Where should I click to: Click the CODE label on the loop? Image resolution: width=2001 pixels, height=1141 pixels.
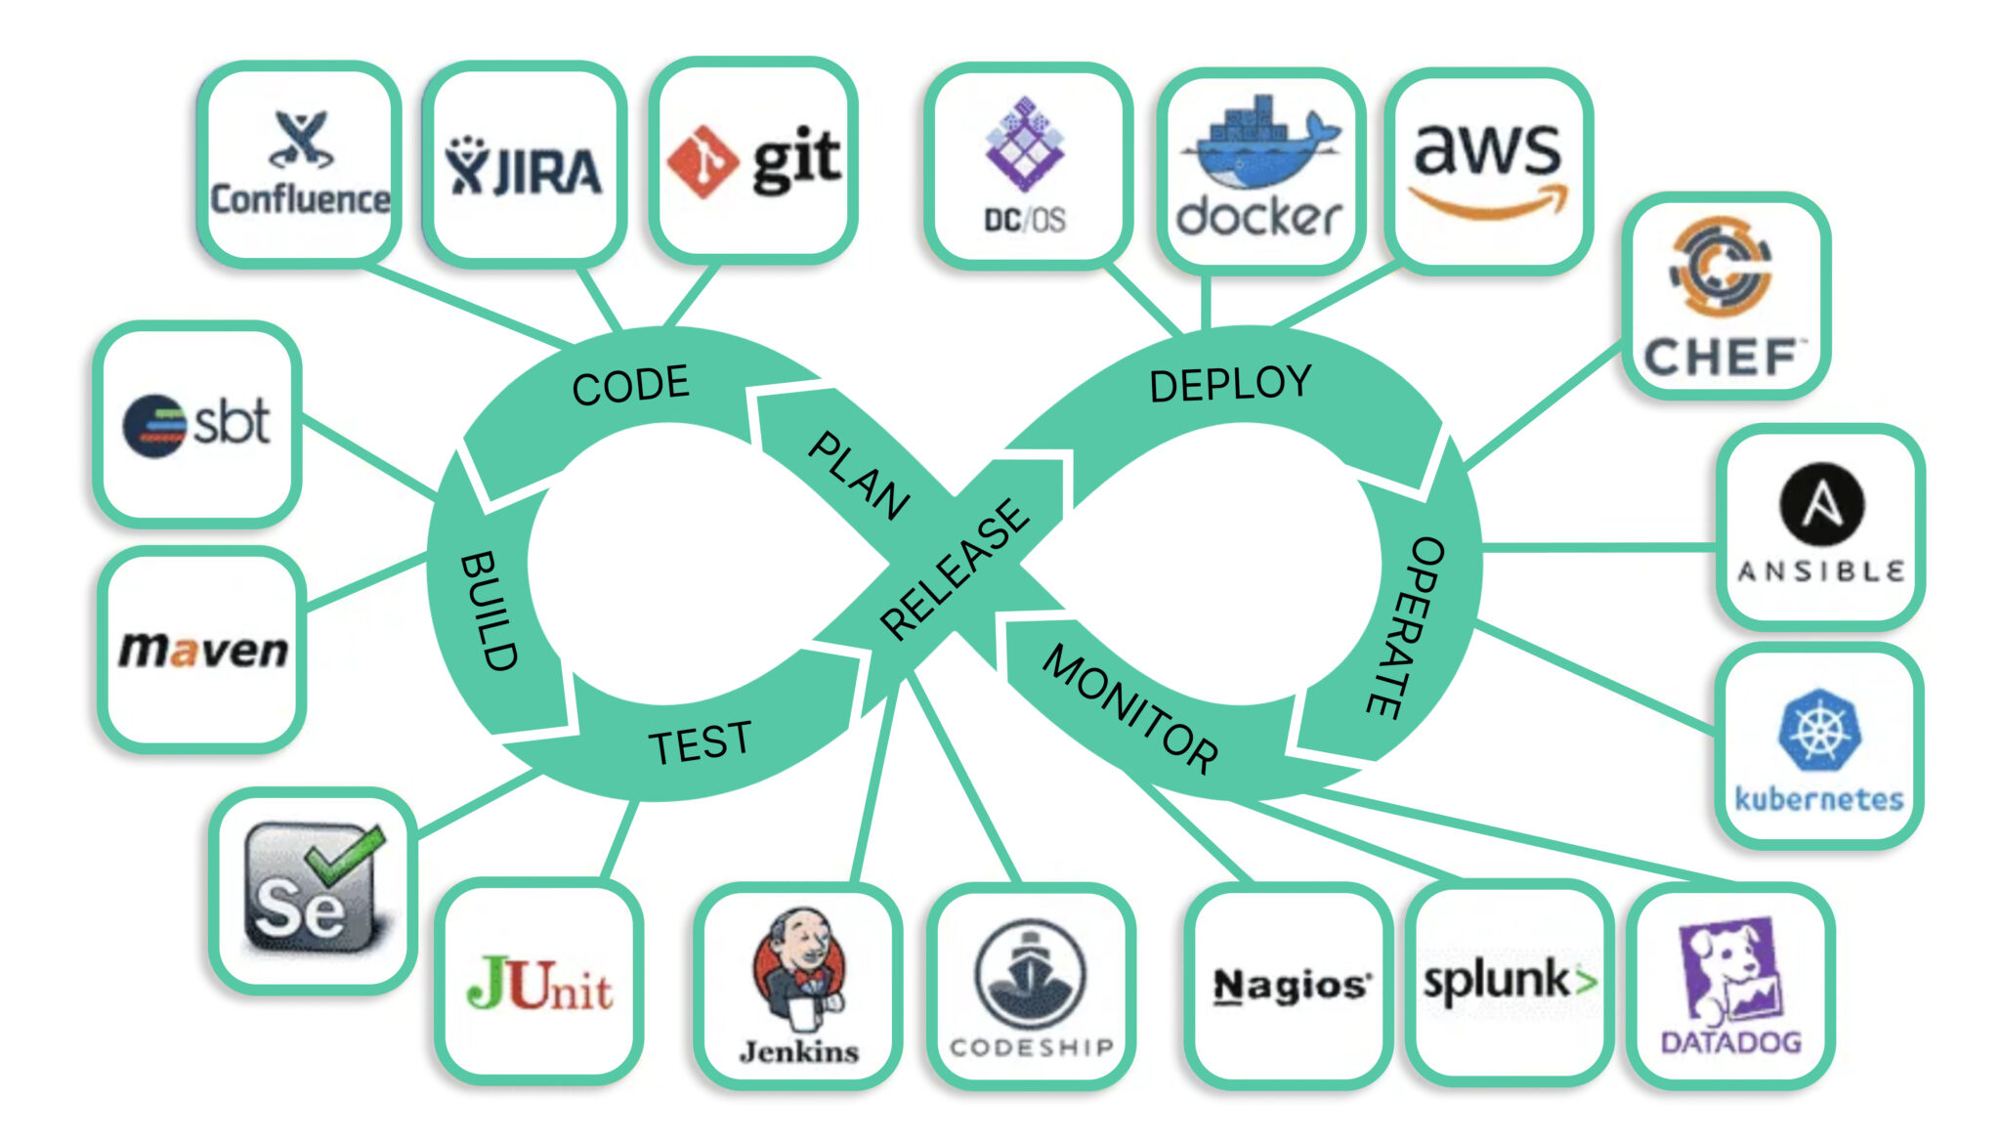[x=630, y=385]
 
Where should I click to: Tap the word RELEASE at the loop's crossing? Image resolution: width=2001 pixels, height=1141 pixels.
[x=954, y=570]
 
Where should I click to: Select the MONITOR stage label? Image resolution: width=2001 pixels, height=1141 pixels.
[x=1130, y=709]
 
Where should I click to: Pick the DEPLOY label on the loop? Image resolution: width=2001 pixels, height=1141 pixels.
[x=1230, y=384]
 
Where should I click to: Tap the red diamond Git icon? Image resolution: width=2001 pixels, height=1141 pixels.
[x=701, y=162]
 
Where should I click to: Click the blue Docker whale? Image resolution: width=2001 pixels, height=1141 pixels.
[x=1260, y=147]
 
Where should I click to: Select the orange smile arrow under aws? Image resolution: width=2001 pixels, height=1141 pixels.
[x=1487, y=202]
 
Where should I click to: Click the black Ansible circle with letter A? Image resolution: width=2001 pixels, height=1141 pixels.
[x=1821, y=504]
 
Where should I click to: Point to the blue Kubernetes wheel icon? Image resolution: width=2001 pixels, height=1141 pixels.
[x=1818, y=731]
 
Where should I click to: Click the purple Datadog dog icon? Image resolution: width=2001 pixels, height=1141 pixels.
[x=1727, y=972]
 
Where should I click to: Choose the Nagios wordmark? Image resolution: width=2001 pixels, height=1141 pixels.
[x=1291, y=985]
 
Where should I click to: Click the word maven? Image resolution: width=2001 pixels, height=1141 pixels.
[x=203, y=651]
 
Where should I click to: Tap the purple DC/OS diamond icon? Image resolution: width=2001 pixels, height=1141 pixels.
[x=1023, y=145]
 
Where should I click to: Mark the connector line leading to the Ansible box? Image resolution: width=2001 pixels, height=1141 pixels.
[x=1597, y=548]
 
